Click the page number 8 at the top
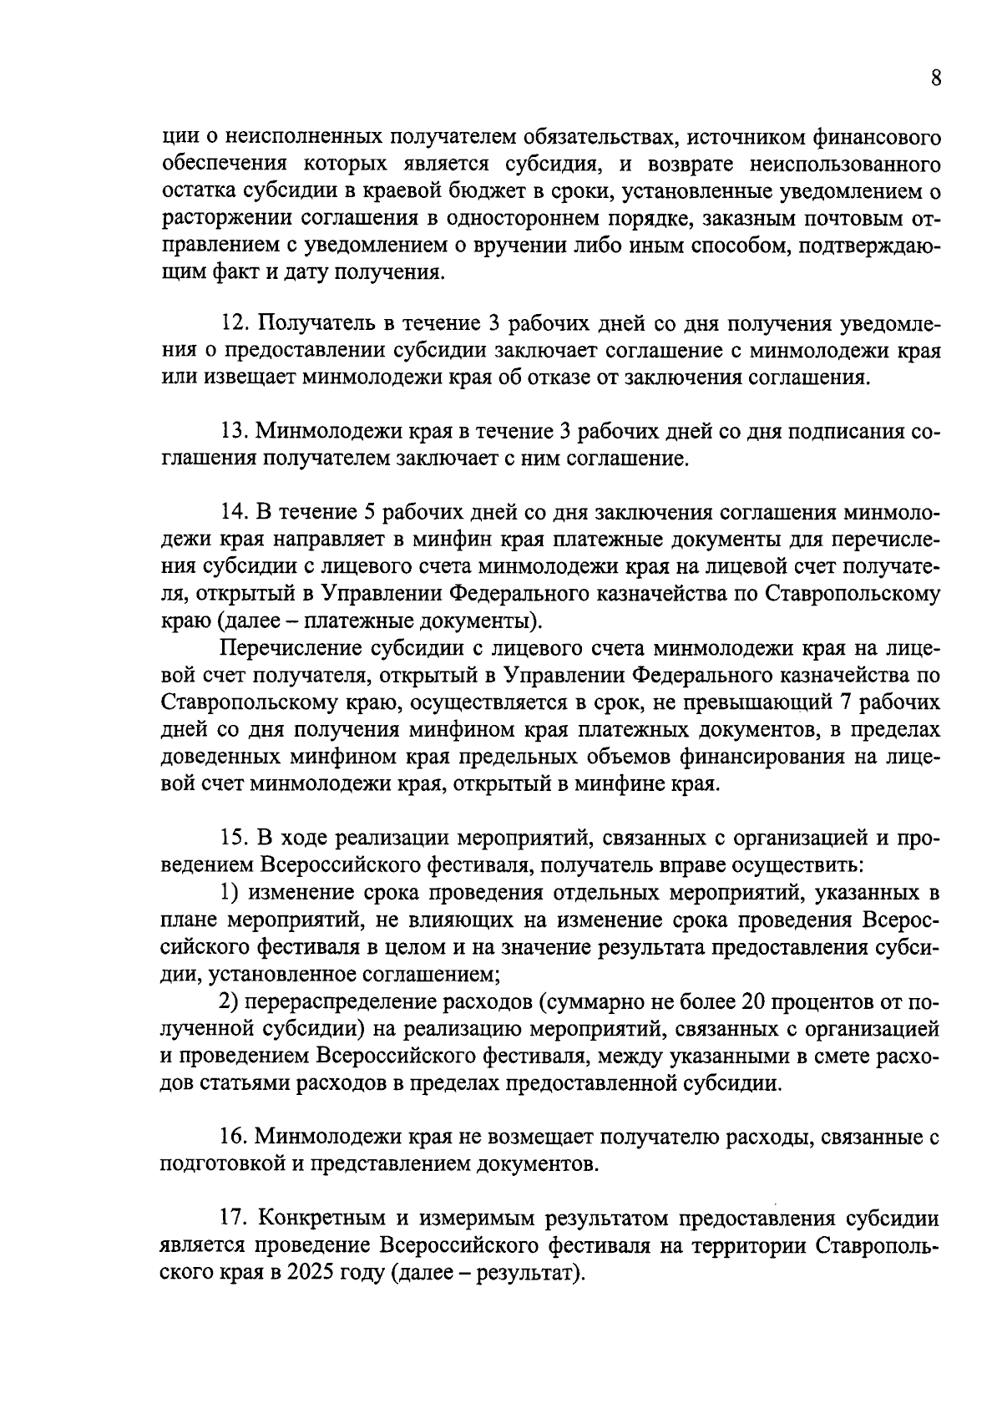pos(935,79)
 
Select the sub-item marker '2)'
pos(230,1001)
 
